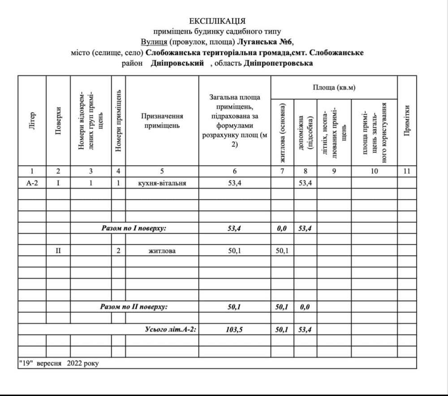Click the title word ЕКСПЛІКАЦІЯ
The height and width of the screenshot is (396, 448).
tap(217, 21)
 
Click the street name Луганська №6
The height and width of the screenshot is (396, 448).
tap(268, 42)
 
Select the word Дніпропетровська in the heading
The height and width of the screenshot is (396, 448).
tap(278, 63)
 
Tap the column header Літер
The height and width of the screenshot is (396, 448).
tap(32, 121)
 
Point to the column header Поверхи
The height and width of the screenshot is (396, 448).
tap(58, 121)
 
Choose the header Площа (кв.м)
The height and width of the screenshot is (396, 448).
tap(334, 88)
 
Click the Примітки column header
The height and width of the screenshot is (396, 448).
tap(407, 121)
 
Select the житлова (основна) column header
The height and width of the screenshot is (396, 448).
tap(282, 132)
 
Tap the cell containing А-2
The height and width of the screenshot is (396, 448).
tap(32, 183)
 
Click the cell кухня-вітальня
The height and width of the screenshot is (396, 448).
tap(162, 183)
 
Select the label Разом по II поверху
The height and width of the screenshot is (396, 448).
tap(134, 307)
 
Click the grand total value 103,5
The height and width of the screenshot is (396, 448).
tap(235, 330)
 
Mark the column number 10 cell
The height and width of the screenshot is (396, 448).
tap(375, 171)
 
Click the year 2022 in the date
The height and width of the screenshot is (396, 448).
tap(74, 363)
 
